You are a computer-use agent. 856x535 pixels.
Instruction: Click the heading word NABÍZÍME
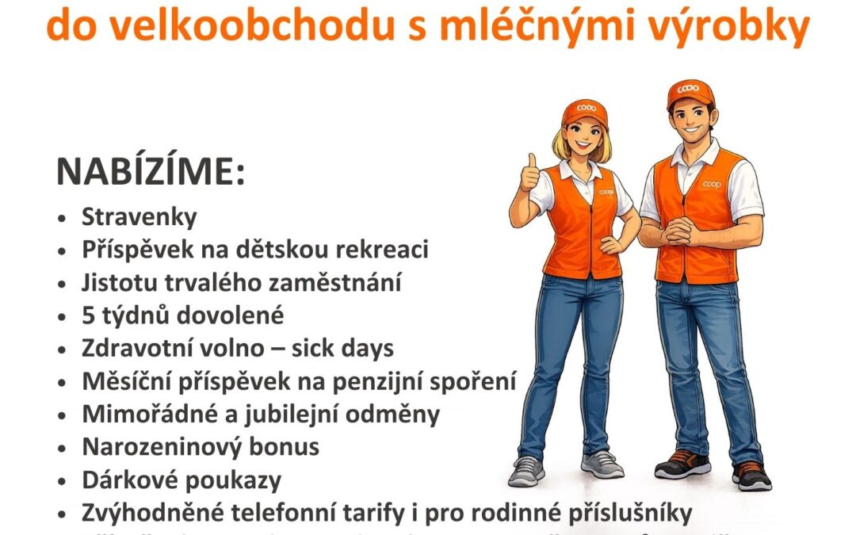click(150, 173)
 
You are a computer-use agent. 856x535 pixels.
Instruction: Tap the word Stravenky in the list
click(139, 217)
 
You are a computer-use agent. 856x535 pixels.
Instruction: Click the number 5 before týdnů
click(89, 315)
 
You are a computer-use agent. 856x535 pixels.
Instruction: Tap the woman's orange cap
click(584, 113)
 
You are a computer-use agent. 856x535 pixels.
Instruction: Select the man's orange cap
click(690, 94)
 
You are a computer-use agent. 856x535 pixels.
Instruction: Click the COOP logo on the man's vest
click(713, 184)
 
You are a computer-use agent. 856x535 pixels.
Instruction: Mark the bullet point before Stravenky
click(63, 218)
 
